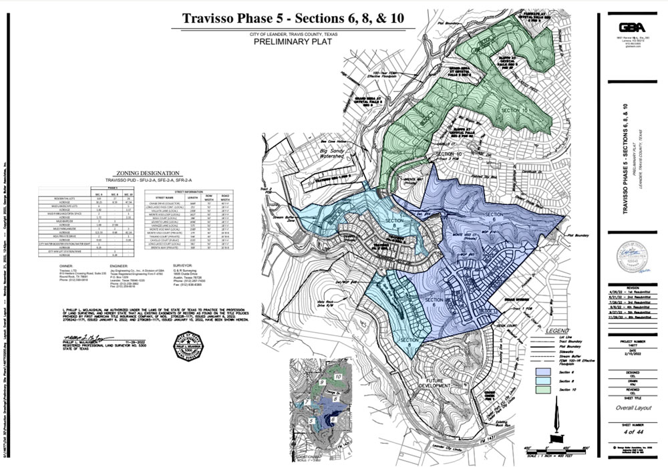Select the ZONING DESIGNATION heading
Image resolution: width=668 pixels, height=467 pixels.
(141, 172)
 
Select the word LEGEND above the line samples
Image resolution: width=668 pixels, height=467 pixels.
(558, 331)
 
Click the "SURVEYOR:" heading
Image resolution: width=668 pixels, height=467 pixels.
(185, 265)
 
